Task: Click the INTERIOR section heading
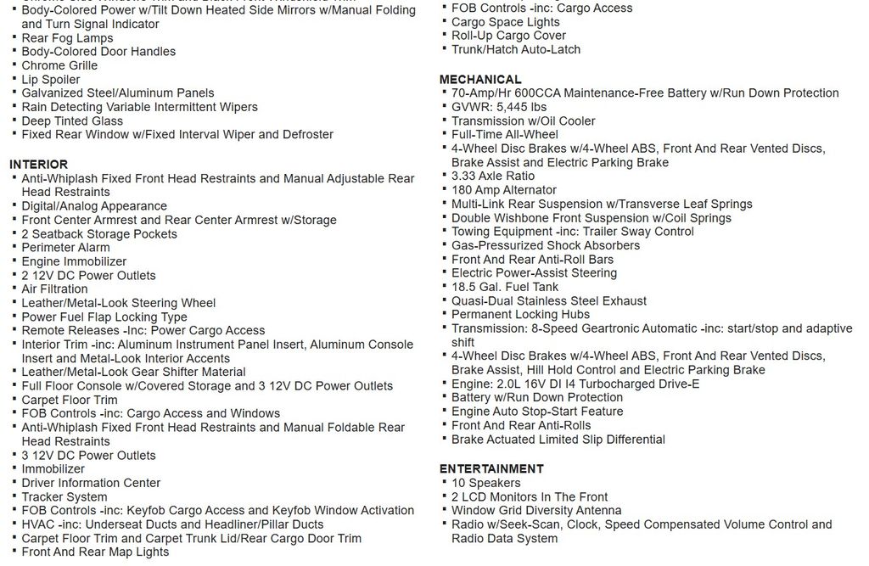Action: click(x=38, y=164)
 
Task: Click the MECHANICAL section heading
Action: click(x=480, y=79)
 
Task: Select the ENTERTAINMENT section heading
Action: click(x=491, y=468)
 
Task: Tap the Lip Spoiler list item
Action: click(x=51, y=79)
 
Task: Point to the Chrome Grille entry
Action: click(x=59, y=65)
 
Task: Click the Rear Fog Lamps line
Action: click(x=67, y=37)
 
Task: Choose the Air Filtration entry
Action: click(x=54, y=289)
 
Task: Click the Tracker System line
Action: click(x=64, y=496)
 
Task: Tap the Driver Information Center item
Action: click(x=91, y=483)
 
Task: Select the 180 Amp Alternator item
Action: click(x=504, y=190)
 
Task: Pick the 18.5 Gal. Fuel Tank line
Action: click(x=505, y=287)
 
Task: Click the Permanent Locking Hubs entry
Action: click(x=520, y=314)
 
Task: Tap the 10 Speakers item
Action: click(x=486, y=483)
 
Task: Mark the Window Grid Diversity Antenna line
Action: click(x=536, y=510)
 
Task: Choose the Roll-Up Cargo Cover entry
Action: click(x=508, y=36)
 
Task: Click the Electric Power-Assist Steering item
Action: click(x=534, y=273)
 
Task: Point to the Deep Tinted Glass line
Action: click(x=72, y=120)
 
